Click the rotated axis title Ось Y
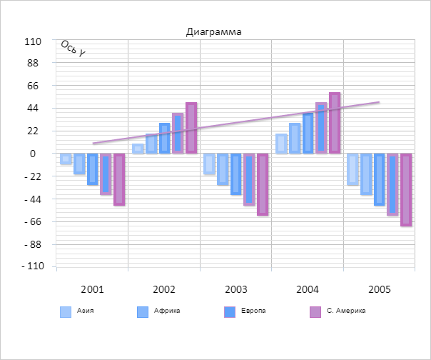(x=73, y=49)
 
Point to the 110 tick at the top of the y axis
(x=33, y=41)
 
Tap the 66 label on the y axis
(x=33, y=86)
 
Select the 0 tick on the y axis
(x=33, y=154)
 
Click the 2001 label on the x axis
(x=92, y=289)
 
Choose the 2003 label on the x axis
(x=235, y=289)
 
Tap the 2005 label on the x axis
(x=379, y=289)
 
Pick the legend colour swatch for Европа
(x=230, y=311)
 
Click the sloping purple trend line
(x=235, y=119)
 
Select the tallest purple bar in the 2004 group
(x=335, y=123)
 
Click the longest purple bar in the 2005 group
(x=406, y=189)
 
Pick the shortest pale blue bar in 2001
(x=66, y=159)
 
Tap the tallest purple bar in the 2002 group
(x=191, y=128)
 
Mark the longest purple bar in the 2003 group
(x=263, y=184)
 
